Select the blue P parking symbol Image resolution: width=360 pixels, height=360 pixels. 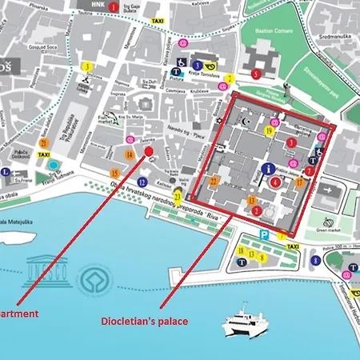264,236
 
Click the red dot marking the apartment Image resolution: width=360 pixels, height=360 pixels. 148,151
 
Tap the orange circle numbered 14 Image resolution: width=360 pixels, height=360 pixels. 130,154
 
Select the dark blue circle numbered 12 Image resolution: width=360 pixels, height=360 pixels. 142,182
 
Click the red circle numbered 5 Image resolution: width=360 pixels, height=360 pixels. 255,74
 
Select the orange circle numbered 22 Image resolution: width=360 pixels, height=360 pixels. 214,181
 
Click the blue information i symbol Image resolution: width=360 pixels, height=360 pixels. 267,169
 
